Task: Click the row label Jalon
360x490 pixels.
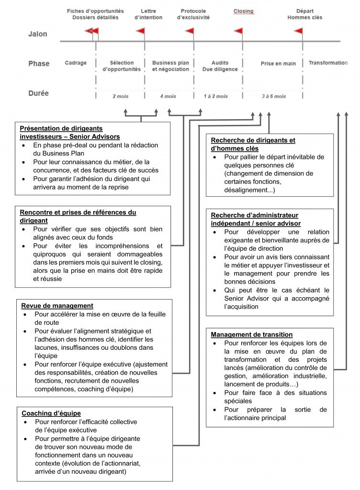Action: (37, 34)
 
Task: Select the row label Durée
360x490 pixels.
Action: (38, 93)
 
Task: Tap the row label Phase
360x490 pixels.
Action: (39, 64)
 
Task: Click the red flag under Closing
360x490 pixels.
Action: (238, 32)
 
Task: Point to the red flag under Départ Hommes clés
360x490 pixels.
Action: (298, 32)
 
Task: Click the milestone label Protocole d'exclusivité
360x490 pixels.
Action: (193, 14)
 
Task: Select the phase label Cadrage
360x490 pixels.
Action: (76, 63)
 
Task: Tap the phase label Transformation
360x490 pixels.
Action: (328, 63)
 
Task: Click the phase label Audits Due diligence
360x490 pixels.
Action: (220, 66)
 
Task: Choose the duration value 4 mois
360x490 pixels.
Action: (168, 96)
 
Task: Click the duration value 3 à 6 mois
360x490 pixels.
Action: (274, 96)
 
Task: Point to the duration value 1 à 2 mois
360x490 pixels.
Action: (216, 96)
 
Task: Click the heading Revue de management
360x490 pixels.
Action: (57, 306)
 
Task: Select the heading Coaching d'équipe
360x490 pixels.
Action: (51, 413)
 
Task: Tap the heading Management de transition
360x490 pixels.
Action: (252, 334)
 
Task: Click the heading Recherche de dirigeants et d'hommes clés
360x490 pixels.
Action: (253, 144)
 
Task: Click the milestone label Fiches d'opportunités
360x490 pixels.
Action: (95, 11)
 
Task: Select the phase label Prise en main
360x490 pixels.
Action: (278, 64)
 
